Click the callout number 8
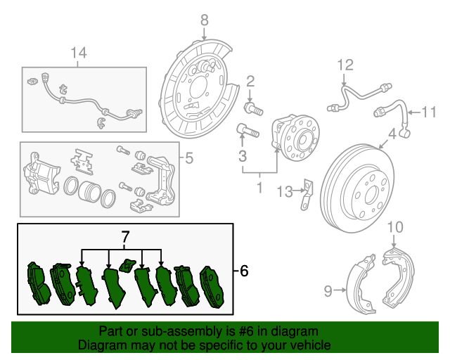tap(204, 19)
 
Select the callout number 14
tap(79, 52)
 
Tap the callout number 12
tap(344, 65)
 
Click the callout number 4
tap(392, 133)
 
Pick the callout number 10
tap(395, 226)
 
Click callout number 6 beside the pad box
tap(244, 270)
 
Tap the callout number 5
tap(188, 159)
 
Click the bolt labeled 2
tap(254, 109)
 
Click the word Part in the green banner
tap(111, 331)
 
